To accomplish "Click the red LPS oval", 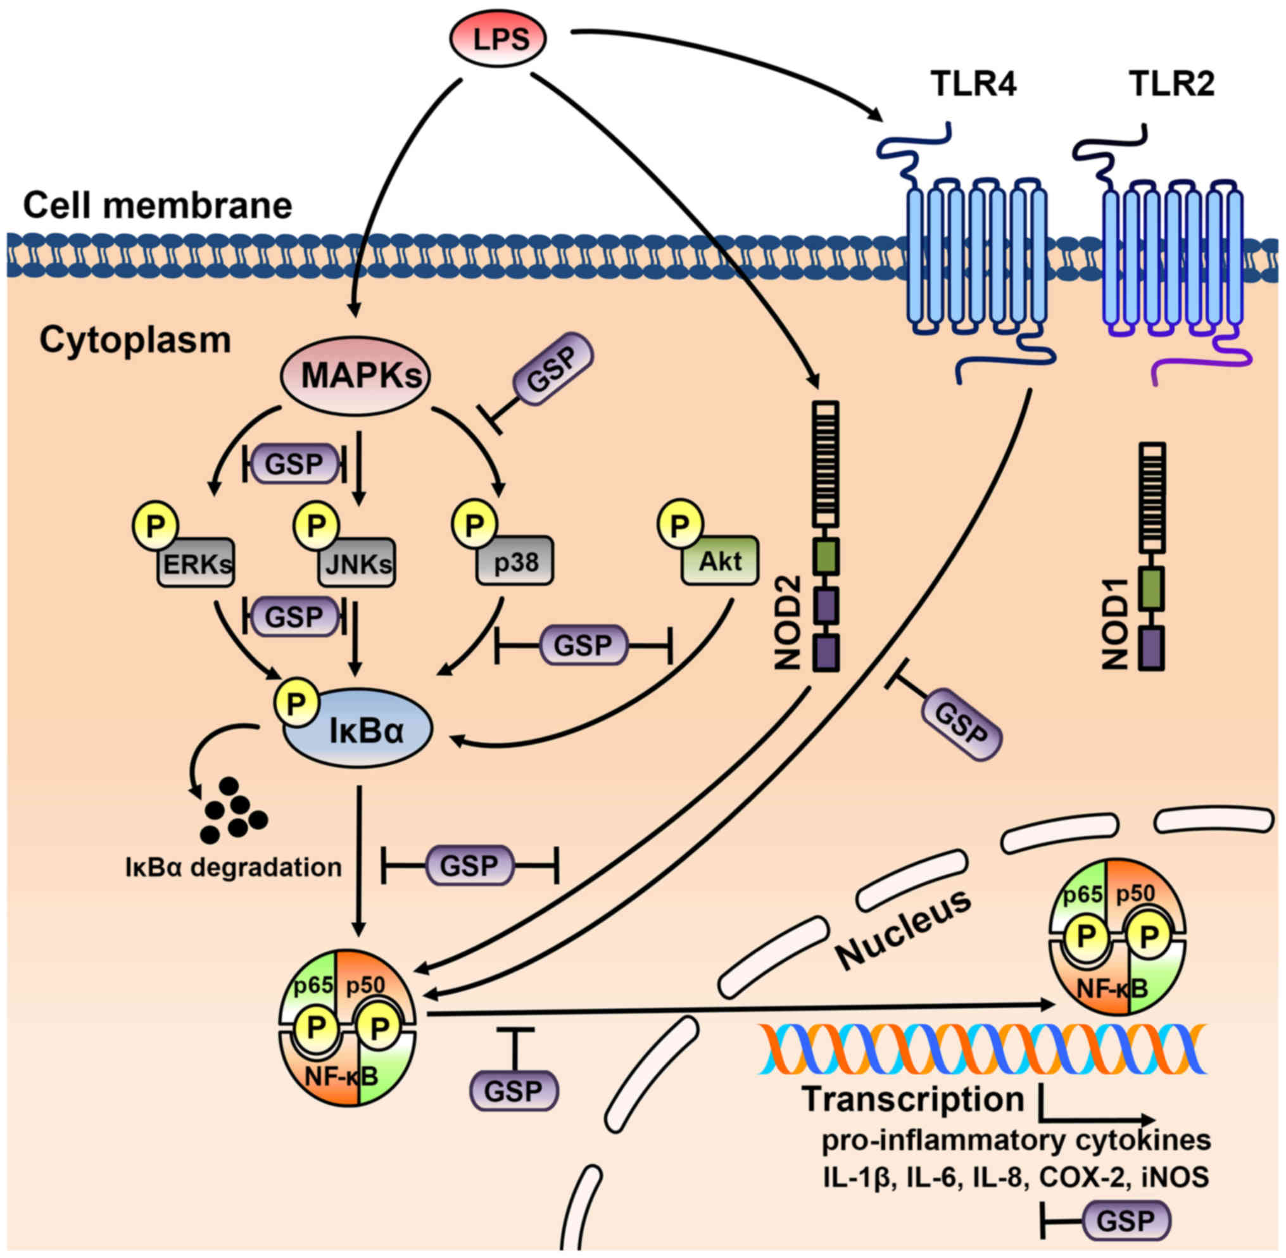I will [498, 39].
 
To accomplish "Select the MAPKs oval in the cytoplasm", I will [355, 375].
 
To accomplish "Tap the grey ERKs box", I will [196, 562].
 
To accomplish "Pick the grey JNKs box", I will [358, 562].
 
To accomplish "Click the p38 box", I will [515, 562].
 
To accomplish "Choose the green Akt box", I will [721, 560].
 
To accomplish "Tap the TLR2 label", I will [1171, 84].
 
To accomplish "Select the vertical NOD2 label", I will [788, 622].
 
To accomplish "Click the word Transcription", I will [913, 1098].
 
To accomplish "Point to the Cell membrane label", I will [157, 206].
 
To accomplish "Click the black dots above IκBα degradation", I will [232, 810].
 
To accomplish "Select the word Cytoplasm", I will [136, 340].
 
